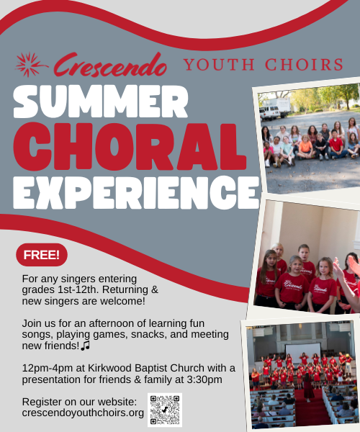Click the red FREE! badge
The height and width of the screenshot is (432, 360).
(x=42, y=255)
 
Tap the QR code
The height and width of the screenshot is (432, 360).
(x=165, y=410)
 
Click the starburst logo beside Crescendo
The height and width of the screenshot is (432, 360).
(x=30, y=65)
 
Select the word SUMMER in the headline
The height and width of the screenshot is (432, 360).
(x=101, y=102)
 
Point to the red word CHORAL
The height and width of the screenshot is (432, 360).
(x=130, y=147)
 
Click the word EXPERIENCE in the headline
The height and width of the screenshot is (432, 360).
(x=136, y=192)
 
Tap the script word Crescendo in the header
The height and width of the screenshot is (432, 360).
(x=110, y=65)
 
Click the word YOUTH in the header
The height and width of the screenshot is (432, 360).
(x=219, y=65)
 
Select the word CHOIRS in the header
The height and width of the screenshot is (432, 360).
(x=304, y=65)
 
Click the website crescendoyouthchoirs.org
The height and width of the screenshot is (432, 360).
(x=83, y=413)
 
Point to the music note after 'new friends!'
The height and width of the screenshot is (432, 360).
(x=86, y=346)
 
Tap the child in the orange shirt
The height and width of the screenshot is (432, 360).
(x=305, y=148)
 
